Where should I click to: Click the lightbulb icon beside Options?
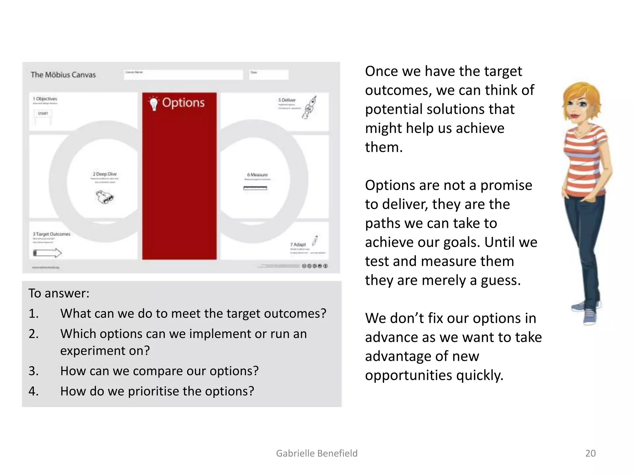pos(154,103)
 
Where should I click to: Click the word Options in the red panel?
pos(183,103)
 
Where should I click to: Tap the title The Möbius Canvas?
pos(63,75)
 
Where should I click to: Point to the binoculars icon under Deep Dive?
pos(105,197)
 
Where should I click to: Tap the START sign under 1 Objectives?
pos(43,114)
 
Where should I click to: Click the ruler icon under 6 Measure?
pos(255,188)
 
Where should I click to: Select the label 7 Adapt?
pos(298,244)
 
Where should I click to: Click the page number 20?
pos(590,453)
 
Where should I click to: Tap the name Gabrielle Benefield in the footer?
pos(317,453)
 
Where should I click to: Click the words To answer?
pos(59,293)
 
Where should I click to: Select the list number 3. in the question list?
pos(34,371)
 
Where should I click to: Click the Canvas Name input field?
pos(183,75)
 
